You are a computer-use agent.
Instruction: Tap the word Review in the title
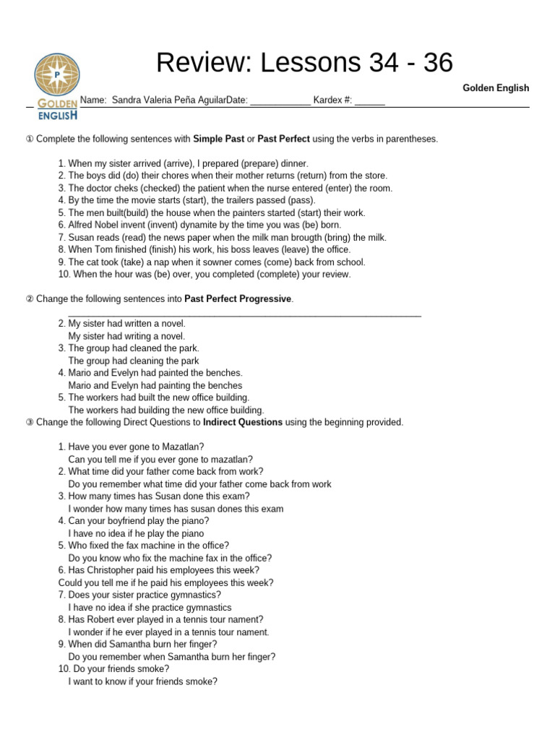(x=199, y=64)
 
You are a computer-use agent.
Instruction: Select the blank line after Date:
(x=280, y=101)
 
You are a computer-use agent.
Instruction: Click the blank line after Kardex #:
(x=369, y=101)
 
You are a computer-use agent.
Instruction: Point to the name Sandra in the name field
(x=128, y=100)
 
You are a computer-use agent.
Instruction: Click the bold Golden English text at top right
(x=496, y=87)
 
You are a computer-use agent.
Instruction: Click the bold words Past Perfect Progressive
(x=238, y=298)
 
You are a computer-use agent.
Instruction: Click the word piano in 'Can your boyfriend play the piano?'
(x=196, y=521)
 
